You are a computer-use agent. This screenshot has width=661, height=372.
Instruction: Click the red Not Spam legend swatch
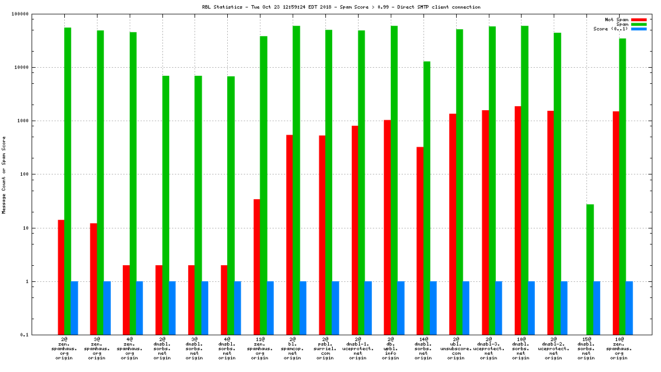pos(639,20)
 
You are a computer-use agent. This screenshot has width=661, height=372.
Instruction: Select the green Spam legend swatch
pos(639,24)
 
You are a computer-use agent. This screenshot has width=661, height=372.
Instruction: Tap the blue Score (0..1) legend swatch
pos(639,29)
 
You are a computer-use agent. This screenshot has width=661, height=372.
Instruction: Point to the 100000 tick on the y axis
pos(36,14)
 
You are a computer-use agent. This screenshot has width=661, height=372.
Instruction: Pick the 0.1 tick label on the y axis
pos(41,335)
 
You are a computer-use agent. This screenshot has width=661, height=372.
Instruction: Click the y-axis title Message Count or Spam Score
pos(4,175)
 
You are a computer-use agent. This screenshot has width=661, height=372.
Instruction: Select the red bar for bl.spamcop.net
pos(289,235)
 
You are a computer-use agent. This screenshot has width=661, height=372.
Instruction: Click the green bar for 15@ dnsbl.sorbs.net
pos(590,269)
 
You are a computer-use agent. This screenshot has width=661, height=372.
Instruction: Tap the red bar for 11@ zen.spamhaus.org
pos(256,267)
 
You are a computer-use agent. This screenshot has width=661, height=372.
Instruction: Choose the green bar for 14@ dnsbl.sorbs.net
pos(426,198)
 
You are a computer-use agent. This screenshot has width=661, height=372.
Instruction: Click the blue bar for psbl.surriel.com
pos(335,308)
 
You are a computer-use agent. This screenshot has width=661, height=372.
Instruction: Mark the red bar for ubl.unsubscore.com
pos(453,224)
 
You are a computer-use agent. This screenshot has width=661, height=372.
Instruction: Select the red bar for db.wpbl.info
pos(387,227)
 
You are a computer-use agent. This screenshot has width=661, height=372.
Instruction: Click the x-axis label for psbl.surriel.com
pos(325,348)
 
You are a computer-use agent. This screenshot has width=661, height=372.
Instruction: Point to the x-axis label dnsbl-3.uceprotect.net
pos(489,348)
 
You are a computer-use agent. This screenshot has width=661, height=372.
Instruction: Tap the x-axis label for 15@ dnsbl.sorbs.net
pos(586,348)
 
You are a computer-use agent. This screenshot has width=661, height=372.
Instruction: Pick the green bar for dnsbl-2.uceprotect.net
pos(557,184)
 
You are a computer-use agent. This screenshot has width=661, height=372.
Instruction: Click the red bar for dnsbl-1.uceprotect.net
pos(355,230)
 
